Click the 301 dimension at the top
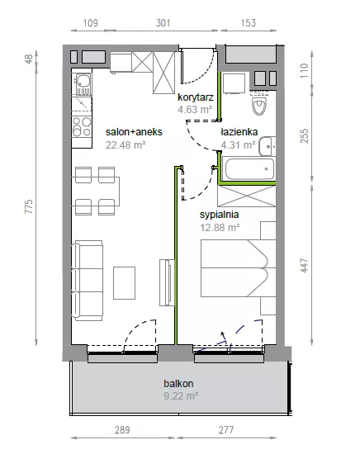(x=163, y=23)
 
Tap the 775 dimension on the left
(x=29, y=206)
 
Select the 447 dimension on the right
(x=305, y=265)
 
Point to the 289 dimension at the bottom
(x=122, y=430)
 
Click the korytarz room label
(x=196, y=97)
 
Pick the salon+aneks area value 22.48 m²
(x=126, y=144)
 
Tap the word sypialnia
(x=220, y=215)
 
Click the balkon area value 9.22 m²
(x=181, y=395)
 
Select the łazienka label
(x=239, y=132)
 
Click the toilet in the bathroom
(x=259, y=103)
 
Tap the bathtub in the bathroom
(x=249, y=168)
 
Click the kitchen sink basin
(x=83, y=81)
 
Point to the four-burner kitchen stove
(x=82, y=126)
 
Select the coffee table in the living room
(x=124, y=283)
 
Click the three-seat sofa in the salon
(x=88, y=281)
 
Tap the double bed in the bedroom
(x=239, y=268)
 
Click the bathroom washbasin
(x=267, y=146)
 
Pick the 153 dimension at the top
(x=249, y=23)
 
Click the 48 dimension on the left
(x=29, y=59)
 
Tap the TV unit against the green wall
(x=167, y=282)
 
